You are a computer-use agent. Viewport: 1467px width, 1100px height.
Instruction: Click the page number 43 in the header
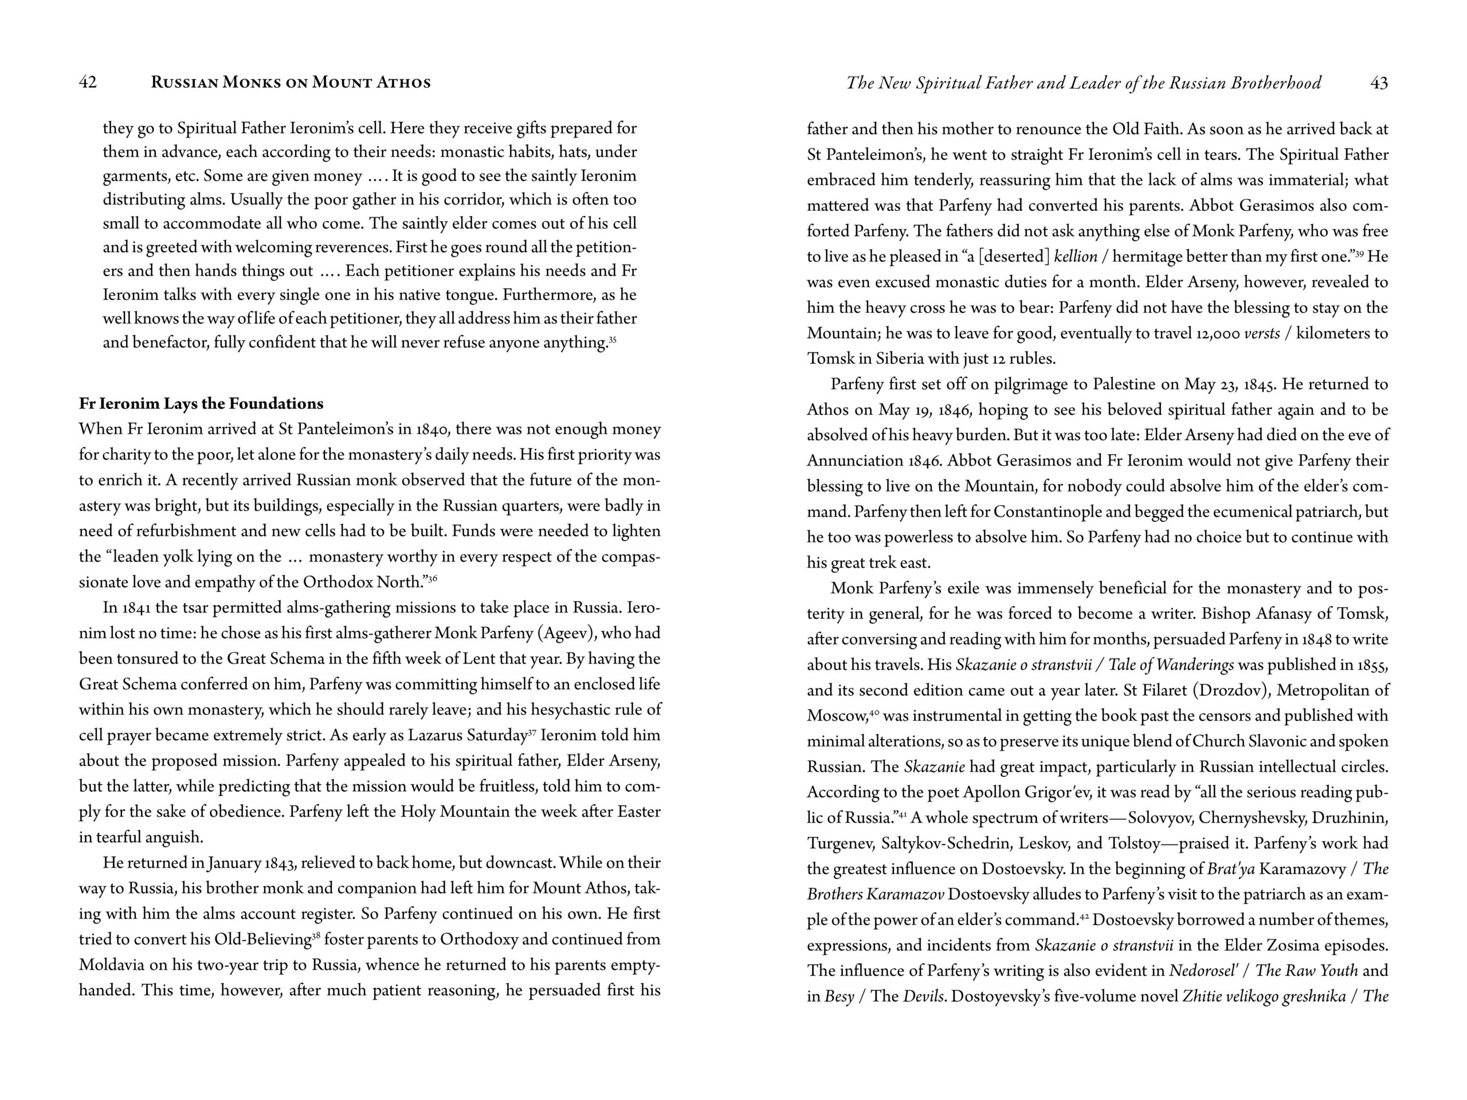1378,83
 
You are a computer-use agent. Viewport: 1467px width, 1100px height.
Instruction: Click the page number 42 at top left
88,82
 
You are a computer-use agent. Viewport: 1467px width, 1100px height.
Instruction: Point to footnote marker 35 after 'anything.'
612,340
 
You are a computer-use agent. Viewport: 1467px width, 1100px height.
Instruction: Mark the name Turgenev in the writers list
840,843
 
